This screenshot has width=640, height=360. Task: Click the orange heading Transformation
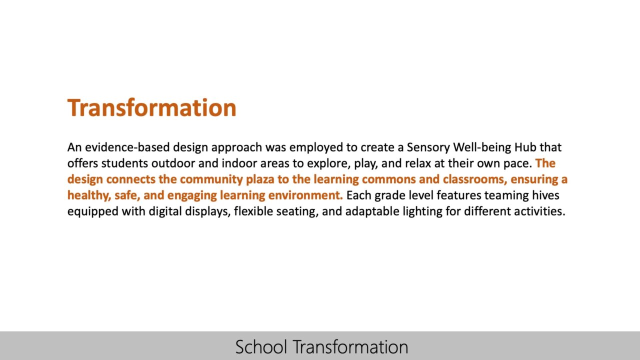tap(151, 107)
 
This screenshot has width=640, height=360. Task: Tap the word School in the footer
tap(261, 346)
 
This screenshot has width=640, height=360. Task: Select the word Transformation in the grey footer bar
tap(350, 346)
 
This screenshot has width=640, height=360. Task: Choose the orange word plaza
tap(260, 179)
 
